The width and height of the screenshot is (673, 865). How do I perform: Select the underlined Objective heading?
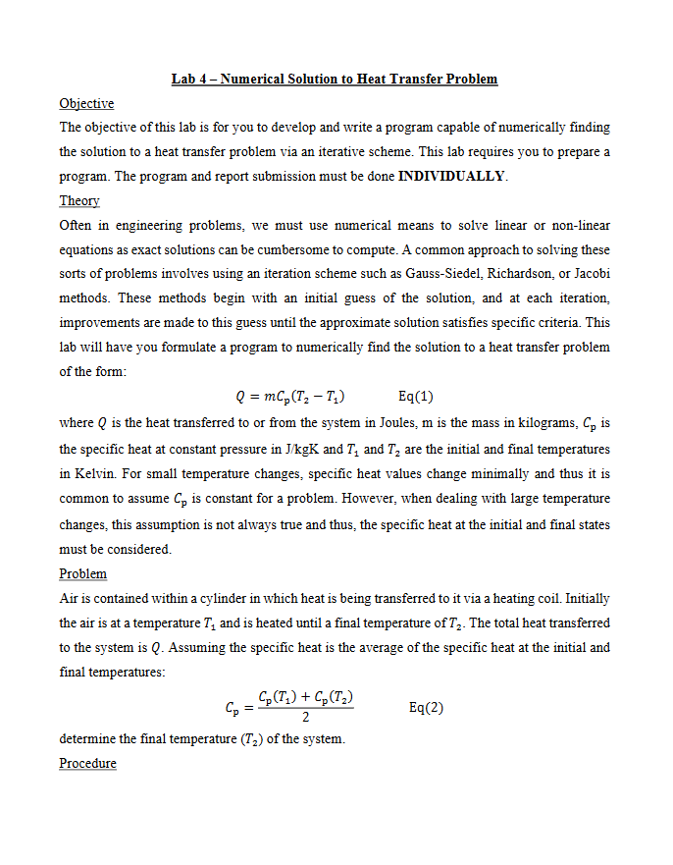[86, 103]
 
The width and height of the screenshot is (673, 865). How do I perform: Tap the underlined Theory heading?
[79, 200]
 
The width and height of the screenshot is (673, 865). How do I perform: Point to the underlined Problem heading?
[83, 573]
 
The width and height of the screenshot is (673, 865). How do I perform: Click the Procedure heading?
[87, 763]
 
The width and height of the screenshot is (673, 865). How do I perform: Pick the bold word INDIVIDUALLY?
[451, 177]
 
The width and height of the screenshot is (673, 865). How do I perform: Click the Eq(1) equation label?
[417, 397]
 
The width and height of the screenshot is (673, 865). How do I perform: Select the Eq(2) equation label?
[426, 707]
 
